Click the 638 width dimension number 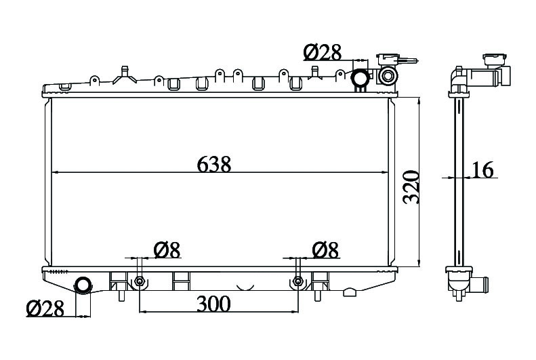point(214,164)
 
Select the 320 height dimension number point(411,187)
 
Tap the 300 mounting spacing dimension point(213,304)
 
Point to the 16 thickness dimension point(482,169)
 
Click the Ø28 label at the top point(323,53)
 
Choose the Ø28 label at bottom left point(45,308)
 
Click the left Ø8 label point(167,249)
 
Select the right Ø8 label point(325,249)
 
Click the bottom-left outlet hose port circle point(83,285)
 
